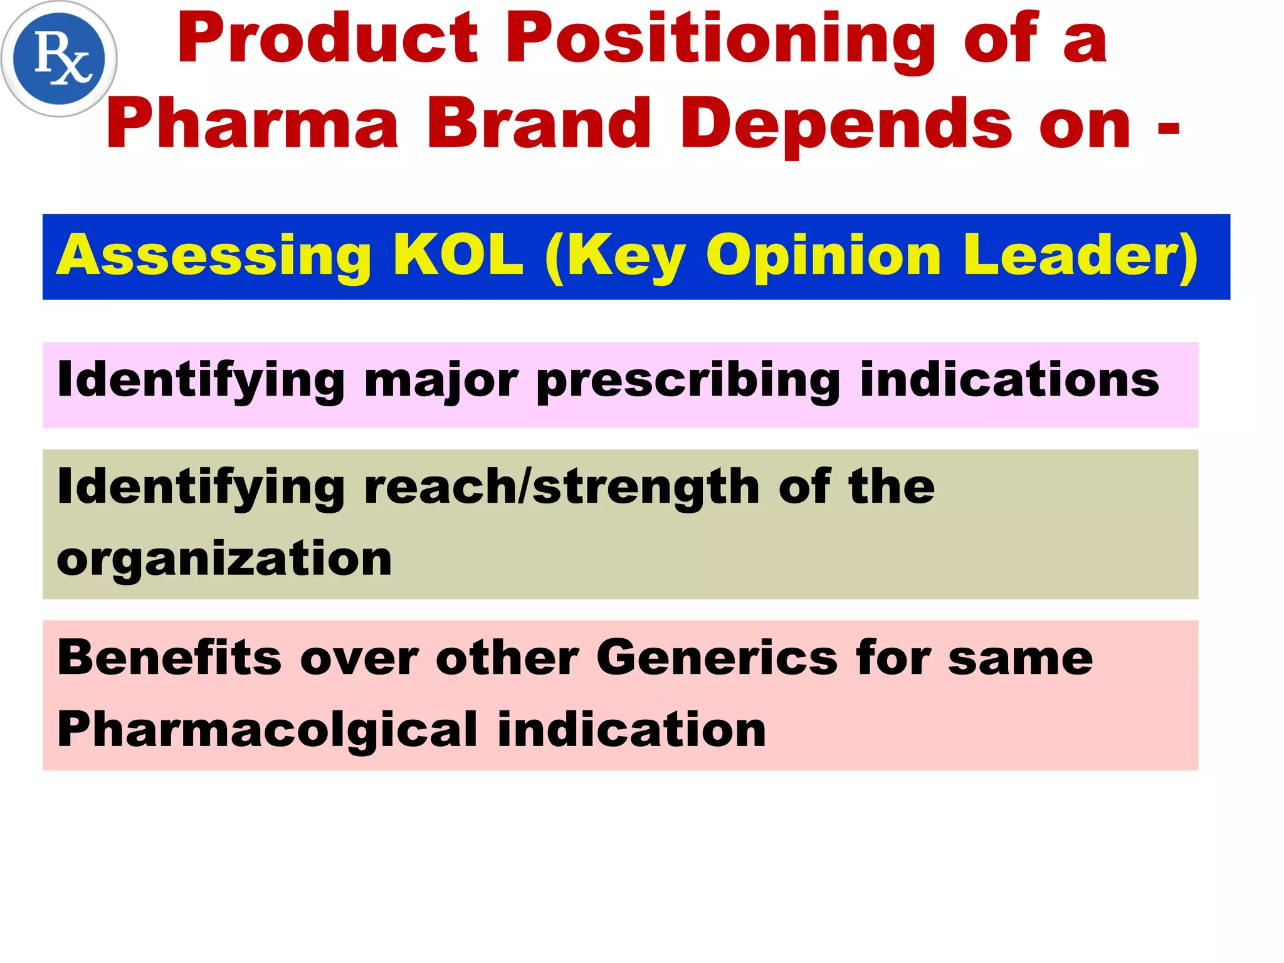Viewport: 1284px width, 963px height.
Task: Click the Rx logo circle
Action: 59,59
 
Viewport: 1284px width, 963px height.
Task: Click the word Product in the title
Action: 327,39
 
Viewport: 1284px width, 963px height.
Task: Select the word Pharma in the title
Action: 253,124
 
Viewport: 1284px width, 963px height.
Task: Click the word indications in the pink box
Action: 1009,380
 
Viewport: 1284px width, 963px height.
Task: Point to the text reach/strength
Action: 562,488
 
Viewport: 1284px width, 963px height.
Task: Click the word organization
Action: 224,559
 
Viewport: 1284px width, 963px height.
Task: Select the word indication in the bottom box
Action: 631,730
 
